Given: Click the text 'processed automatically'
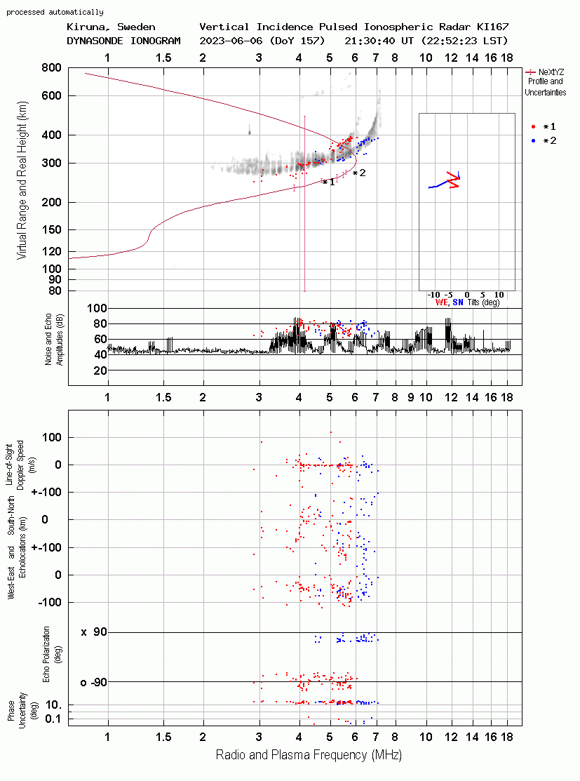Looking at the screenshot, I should pyautogui.click(x=55, y=12).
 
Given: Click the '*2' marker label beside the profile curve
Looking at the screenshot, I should pyautogui.click(x=359, y=173).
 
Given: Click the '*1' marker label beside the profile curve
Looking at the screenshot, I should pyautogui.click(x=329, y=182).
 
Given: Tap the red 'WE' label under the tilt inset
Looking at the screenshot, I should pyautogui.click(x=442, y=302).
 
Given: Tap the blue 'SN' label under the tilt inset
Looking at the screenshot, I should pyautogui.click(x=458, y=302).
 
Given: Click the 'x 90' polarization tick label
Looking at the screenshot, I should pyautogui.click(x=94, y=632).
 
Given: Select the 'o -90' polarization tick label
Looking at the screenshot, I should pyautogui.click(x=94, y=682).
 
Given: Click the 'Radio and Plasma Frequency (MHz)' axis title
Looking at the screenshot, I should pyautogui.click(x=309, y=755).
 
